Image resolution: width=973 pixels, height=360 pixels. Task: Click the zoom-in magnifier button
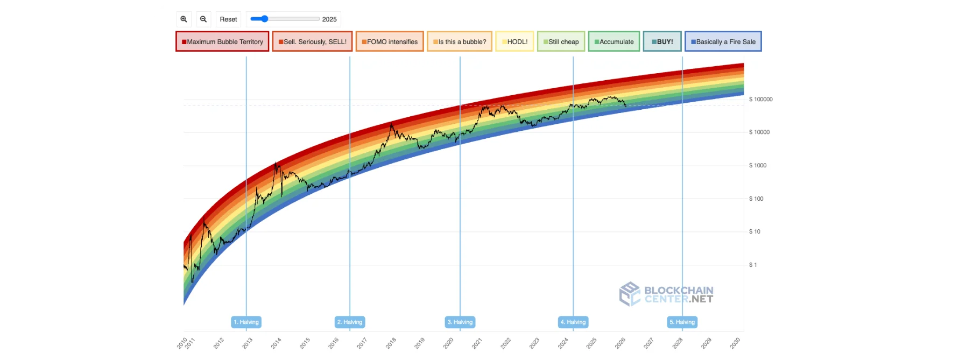tap(184, 19)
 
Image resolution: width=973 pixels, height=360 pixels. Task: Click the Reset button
tap(228, 19)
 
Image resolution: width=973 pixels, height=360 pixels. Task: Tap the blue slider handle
tap(264, 19)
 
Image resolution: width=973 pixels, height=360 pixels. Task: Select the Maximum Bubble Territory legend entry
tap(222, 41)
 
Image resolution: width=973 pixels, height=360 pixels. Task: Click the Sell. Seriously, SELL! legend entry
tap(312, 41)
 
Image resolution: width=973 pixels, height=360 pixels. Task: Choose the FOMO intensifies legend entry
tap(390, 41)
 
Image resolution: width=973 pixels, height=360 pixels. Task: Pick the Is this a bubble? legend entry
tap(460, 41)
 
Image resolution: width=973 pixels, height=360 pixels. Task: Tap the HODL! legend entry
tap(514, 41)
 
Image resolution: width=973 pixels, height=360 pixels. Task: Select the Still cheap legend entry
tap(561, 41)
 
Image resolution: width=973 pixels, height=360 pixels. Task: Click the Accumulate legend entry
tap(614, 41)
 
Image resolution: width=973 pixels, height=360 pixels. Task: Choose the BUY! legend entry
tap(662, 41)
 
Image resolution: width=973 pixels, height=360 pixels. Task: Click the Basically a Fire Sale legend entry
tap(723, 41)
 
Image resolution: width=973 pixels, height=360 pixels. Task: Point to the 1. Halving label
tap(246, 322)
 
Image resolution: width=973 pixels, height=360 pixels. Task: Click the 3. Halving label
tap(460, 322)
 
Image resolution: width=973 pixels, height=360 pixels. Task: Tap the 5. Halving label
tap(682, 322)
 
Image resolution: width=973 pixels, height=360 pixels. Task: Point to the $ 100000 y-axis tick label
tap(761, 100)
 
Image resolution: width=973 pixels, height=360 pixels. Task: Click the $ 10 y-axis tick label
tap(755, 232)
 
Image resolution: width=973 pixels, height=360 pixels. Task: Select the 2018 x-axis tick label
tap(391, 343)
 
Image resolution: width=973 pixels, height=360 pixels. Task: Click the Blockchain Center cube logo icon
tap(630, 294)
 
